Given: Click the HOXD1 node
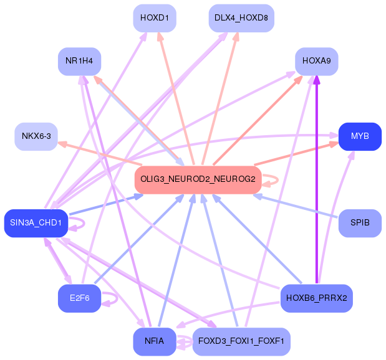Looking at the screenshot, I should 155,17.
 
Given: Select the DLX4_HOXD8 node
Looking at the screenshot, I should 241,17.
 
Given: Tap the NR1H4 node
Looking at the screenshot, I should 79,61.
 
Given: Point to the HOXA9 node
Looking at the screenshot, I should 316,61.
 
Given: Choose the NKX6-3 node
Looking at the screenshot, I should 36,136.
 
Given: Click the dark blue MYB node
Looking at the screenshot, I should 360,136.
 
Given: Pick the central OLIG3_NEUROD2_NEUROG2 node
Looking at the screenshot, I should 198,179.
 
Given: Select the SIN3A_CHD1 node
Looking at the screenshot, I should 36,223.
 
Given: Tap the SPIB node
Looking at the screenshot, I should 360,223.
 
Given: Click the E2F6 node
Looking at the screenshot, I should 79,298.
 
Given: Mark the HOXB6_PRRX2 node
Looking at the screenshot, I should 317,298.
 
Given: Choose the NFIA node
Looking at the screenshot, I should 154,341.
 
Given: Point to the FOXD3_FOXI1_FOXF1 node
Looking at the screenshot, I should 241,341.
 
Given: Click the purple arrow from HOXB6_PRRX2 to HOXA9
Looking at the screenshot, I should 317,181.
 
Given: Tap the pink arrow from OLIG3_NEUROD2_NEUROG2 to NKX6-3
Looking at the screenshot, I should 100,154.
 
